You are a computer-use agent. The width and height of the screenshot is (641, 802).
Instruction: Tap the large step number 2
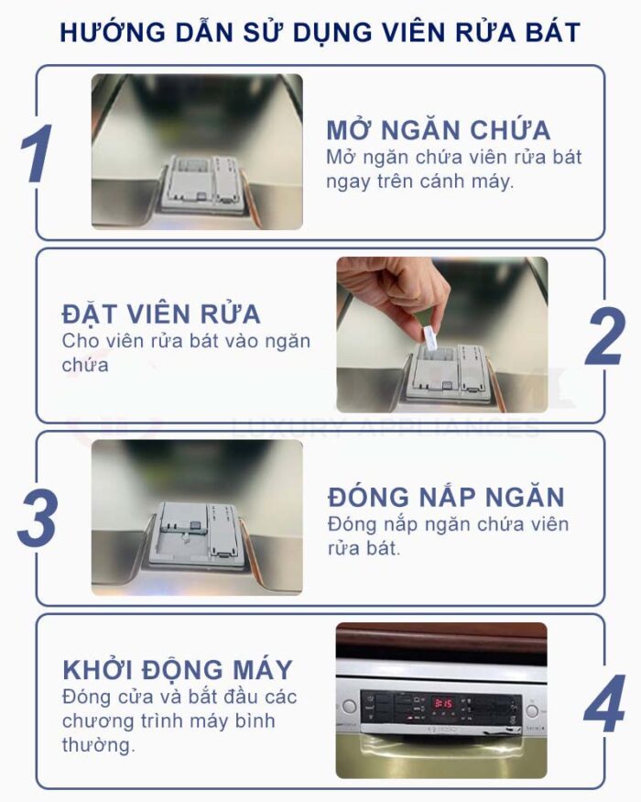(x=604, y=336)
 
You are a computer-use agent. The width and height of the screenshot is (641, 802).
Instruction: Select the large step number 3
(x=38, y=519)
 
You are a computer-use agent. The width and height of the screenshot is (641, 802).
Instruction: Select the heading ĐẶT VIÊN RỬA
(x=161, y=313)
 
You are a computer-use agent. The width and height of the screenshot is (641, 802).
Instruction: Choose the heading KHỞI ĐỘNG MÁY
(x=178, y=667)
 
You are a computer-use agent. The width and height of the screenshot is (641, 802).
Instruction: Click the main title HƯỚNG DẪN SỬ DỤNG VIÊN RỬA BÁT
(x=320, y=32)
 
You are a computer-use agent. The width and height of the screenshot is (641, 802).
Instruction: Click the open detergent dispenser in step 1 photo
(x=196, y=183)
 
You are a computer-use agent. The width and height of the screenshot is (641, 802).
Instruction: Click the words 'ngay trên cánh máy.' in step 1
(x=420, y=181)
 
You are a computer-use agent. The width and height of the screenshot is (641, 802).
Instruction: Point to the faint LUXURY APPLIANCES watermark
(x=385, y=428)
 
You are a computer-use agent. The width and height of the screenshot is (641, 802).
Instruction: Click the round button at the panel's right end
(x=531, y=709)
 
